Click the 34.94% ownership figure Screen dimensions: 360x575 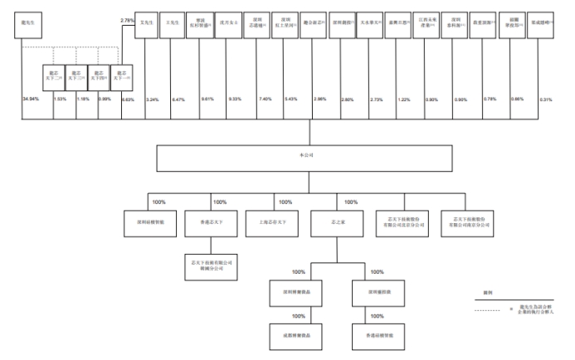pyautogui.click(x=31, y=99)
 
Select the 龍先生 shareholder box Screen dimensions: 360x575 pyautogui.click(x=31, y=25)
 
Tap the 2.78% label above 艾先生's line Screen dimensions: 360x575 pyautogui.click(x=127, y=20)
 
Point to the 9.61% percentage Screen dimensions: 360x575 pyautogui.click(x=207, y=99)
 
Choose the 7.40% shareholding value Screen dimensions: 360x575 pyautogui.click(x=265, y=99)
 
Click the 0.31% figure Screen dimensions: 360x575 pyautogui.click(x=545, y=99)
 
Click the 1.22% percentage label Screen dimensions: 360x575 pyautogui.click(x=404, y=99)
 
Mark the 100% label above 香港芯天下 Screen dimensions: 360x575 pyautogui.click(x=220, y=202)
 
